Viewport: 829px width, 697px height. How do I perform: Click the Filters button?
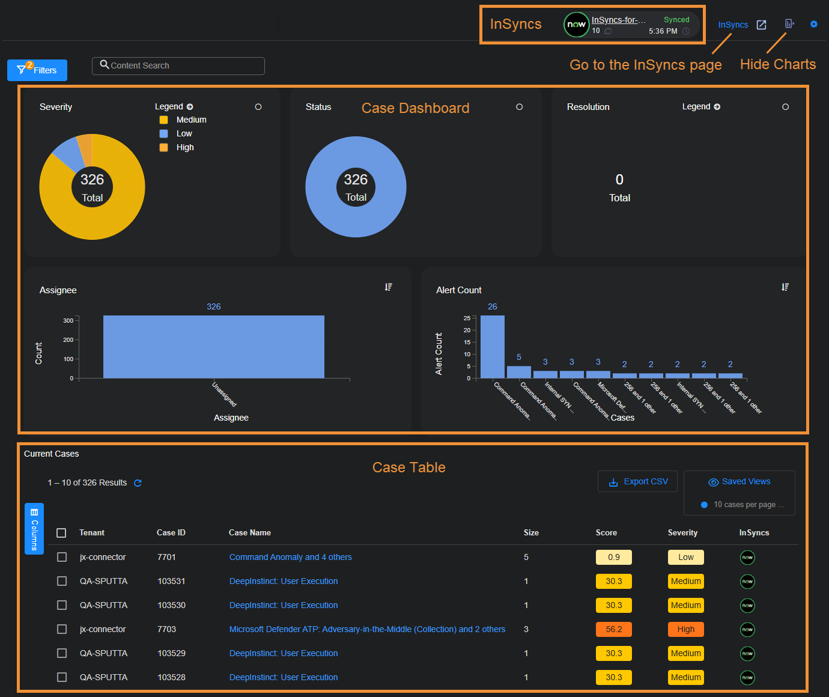[x=37, y=70]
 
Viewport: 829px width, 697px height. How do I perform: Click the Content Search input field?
[x=178, y=66]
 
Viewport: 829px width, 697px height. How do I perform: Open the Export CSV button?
[x=638, y=482]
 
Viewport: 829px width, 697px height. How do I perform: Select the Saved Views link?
[x=739, y=482]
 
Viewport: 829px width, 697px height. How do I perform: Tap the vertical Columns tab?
[x=34, y=529]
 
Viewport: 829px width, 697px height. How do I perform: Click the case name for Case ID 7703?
[x=367, y=629]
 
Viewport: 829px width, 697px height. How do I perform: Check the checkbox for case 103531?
[x=62, y=581]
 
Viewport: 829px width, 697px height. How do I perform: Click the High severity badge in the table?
[x=685, y=629]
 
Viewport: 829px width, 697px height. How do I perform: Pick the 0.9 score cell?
[x=613, y=557]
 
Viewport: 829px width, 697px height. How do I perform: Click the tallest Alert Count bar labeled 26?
[x=493, y=347]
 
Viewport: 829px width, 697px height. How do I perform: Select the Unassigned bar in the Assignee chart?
[x=214, y=347]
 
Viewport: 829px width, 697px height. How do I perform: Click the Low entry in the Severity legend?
[x=184, y=133]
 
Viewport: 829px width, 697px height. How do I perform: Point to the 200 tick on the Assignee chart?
[x=68, y=340]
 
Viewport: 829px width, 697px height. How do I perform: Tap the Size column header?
[x=531, y=533]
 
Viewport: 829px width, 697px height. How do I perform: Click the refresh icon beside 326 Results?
[x=138, y=483]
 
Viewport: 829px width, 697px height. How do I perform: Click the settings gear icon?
[x=814, y=24]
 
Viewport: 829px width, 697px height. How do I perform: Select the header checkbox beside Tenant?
[x=61, y=533]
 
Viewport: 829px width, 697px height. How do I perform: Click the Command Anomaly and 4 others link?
[x=290, y=557]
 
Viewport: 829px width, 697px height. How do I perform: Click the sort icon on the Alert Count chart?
[x=785, y=287]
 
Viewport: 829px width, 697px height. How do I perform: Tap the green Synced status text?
[x=676, y=20]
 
